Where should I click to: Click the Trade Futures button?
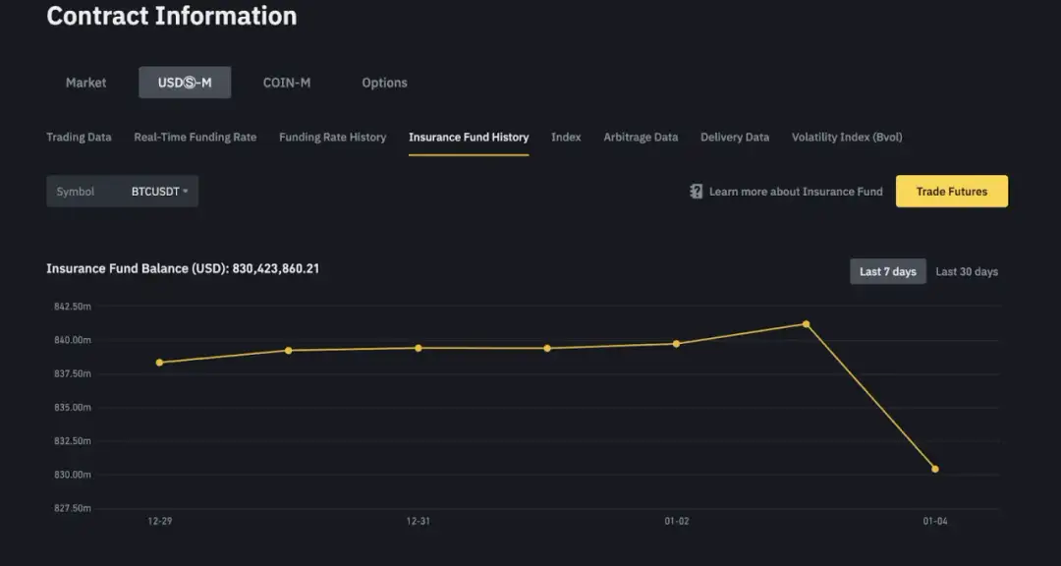951,192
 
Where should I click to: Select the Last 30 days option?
966,271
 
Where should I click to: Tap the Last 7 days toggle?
887,271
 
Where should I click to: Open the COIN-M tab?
287,83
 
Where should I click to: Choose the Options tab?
384,83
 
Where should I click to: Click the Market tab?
85,83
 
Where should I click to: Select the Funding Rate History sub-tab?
332,138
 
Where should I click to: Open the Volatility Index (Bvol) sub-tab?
847,138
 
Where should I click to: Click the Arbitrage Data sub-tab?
641,138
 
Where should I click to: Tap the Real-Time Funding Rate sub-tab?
195,138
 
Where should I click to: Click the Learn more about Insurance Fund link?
795,192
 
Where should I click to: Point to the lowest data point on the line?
934,470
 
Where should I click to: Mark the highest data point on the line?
806,324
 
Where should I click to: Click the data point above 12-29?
159,363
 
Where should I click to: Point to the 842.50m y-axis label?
72,307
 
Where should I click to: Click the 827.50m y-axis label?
72,508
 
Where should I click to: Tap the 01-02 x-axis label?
676,521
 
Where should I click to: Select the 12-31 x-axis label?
418,521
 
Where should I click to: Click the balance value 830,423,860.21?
275,268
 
